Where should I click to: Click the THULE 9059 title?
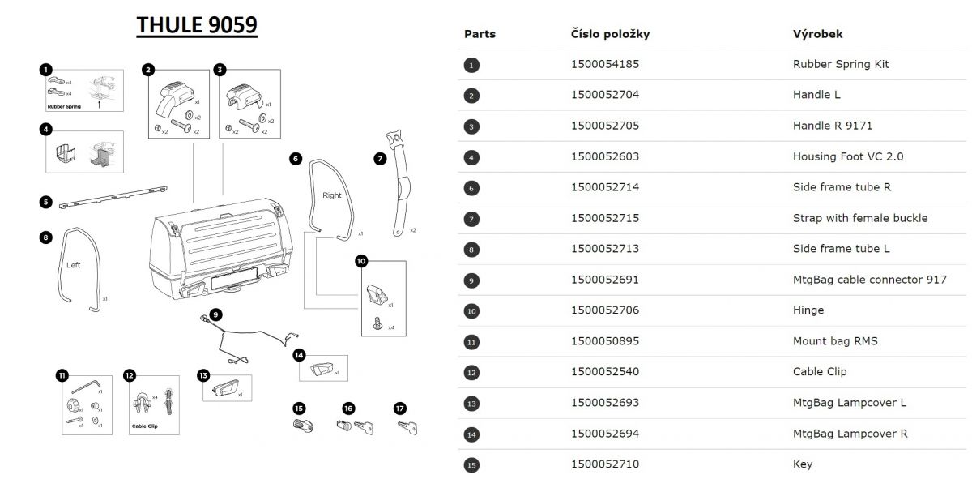[197, 26]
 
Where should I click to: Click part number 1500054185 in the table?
[604, 64]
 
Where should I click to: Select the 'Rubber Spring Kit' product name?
[840, 64]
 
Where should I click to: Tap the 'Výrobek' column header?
[817, 34]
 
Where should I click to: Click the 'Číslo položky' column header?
[610, 34]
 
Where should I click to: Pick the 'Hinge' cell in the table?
[808, 310]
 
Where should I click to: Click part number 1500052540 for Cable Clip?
[604, 372]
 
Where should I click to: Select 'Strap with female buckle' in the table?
[859, 218]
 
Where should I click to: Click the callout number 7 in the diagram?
[380, 160]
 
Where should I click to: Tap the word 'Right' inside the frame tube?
[332, 195]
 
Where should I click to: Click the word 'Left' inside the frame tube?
[74, 265]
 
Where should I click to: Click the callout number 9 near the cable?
[215, 314]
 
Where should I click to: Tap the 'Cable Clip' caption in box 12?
[144, 425]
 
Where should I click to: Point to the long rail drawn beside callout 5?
[113, 197]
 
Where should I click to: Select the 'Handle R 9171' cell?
[832, 126]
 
